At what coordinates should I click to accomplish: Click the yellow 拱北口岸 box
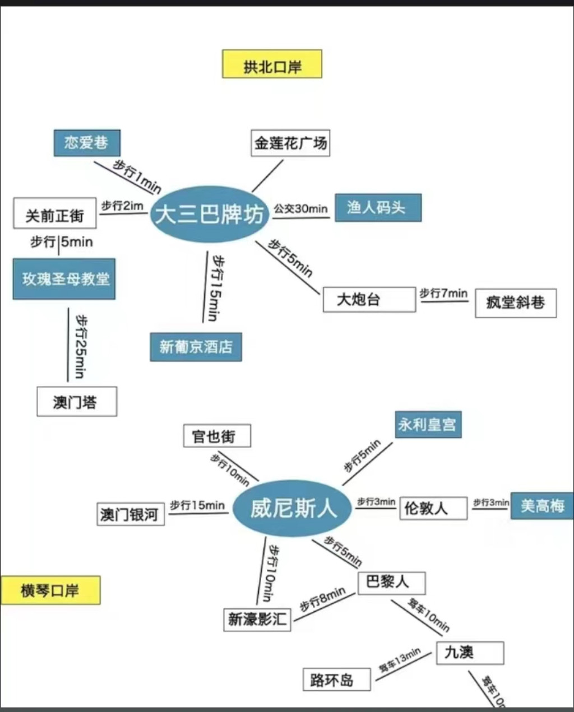coord(272,64)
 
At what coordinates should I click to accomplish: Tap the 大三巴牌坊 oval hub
coord(210,215)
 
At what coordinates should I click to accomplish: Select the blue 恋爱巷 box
coord(87,143)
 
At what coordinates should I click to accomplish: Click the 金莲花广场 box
coord(290,143)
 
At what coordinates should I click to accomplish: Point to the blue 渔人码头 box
coord(378,208)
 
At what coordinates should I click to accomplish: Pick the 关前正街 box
coord(55,213)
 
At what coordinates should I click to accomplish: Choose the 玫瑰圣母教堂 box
coord(64,279)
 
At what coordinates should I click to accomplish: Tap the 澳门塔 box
coord(77,402)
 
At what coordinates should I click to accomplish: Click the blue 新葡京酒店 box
coord(196,347)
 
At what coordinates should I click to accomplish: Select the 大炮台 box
coord(369,300)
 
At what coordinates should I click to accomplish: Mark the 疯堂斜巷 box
coord(516,303)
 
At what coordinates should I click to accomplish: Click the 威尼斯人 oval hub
coord(292,508)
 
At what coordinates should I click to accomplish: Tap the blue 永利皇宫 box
coord(428,424)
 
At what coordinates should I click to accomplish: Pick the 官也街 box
coord(217,436)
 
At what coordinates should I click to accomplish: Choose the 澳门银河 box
coord(131,514)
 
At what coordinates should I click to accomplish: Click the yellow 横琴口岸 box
coord(50,590)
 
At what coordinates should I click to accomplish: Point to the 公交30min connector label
coord(300,209)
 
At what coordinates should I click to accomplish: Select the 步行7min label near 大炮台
coord(443,293)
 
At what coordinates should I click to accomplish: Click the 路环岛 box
coord(336,680)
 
